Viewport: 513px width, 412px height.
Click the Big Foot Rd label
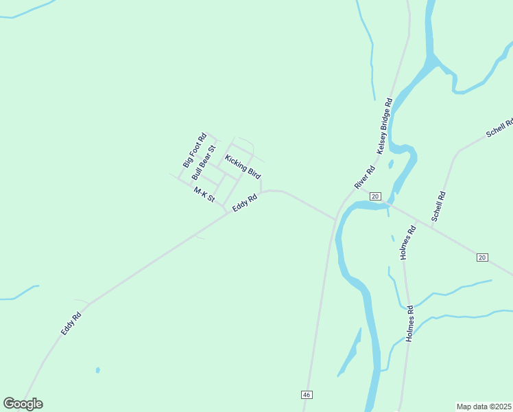click(194, 150)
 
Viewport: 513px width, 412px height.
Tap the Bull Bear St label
click(204, 162)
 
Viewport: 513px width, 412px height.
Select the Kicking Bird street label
click(243, 166)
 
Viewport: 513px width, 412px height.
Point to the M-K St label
click(204, 195)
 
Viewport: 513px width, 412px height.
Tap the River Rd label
click(364, 178)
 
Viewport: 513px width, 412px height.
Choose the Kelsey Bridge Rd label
click(384, 126)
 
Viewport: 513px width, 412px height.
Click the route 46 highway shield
click(307, 395)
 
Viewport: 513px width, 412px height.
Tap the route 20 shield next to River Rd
click(374, 196)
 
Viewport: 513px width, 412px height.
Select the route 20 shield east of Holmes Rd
click(482, 257)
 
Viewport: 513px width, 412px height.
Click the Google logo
click(23, 403)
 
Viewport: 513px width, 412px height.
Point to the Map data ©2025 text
click(484, 407)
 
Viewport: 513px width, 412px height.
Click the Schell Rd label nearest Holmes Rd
click(439, 206)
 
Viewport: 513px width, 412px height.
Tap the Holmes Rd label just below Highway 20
click(408, 243)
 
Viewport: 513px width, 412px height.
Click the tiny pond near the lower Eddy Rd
click(98, 370)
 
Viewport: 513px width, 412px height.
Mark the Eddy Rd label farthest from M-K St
click(71, 323)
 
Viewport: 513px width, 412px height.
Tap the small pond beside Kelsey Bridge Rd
click(390, 164)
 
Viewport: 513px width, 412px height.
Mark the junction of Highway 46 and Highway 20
click(336, 219)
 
